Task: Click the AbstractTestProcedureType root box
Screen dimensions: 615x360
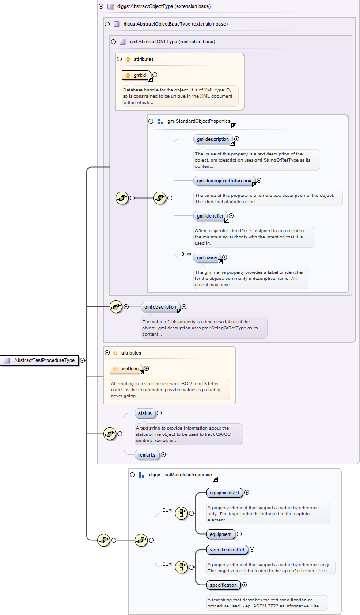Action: pyautogui.click(x=40, y=361)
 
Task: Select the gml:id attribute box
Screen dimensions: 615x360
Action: pyautogui.click(x=136, y=75)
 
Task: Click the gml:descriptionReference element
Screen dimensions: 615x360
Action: pyautogui.click(x=224, y=181)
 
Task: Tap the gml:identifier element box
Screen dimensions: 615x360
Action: pyautogui.click(x=211, y=216)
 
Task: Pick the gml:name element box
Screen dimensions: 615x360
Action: pyautogui.click(x=207, y=257)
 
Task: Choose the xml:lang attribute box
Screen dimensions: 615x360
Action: pyautogui.click(x=126, y=369)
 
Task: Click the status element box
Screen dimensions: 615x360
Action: pyautogui.click(x=145, y=413)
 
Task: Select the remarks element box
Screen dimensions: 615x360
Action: pyautogui.click(x=147, y=454)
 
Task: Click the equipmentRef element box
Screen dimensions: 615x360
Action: pyautogui.click(x=224, y=493)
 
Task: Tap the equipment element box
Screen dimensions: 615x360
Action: pyautogui.click(x=221, y=534)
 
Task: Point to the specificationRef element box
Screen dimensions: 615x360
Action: pyautogui.click(x=227, y=550)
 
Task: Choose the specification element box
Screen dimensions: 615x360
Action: pyautogui.click(x=224, y=585)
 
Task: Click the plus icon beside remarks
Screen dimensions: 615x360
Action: pyautogui.click(x=163, y=454)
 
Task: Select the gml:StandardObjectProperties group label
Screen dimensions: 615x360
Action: pyautogui.click(x=199, y=121)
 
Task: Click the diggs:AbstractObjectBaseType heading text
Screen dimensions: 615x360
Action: pyautogui.click(x=175, y=24)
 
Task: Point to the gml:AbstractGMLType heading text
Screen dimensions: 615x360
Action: pyautogui.click(x=172, y=42)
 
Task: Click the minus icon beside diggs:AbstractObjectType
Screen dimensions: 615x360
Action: pyautogui.click(x=101, y=7)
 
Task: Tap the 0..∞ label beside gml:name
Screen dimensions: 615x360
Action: pyautogui.click(x=186, y=254)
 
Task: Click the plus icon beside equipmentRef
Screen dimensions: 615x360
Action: pyautogui.click(x=247, y=493)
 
